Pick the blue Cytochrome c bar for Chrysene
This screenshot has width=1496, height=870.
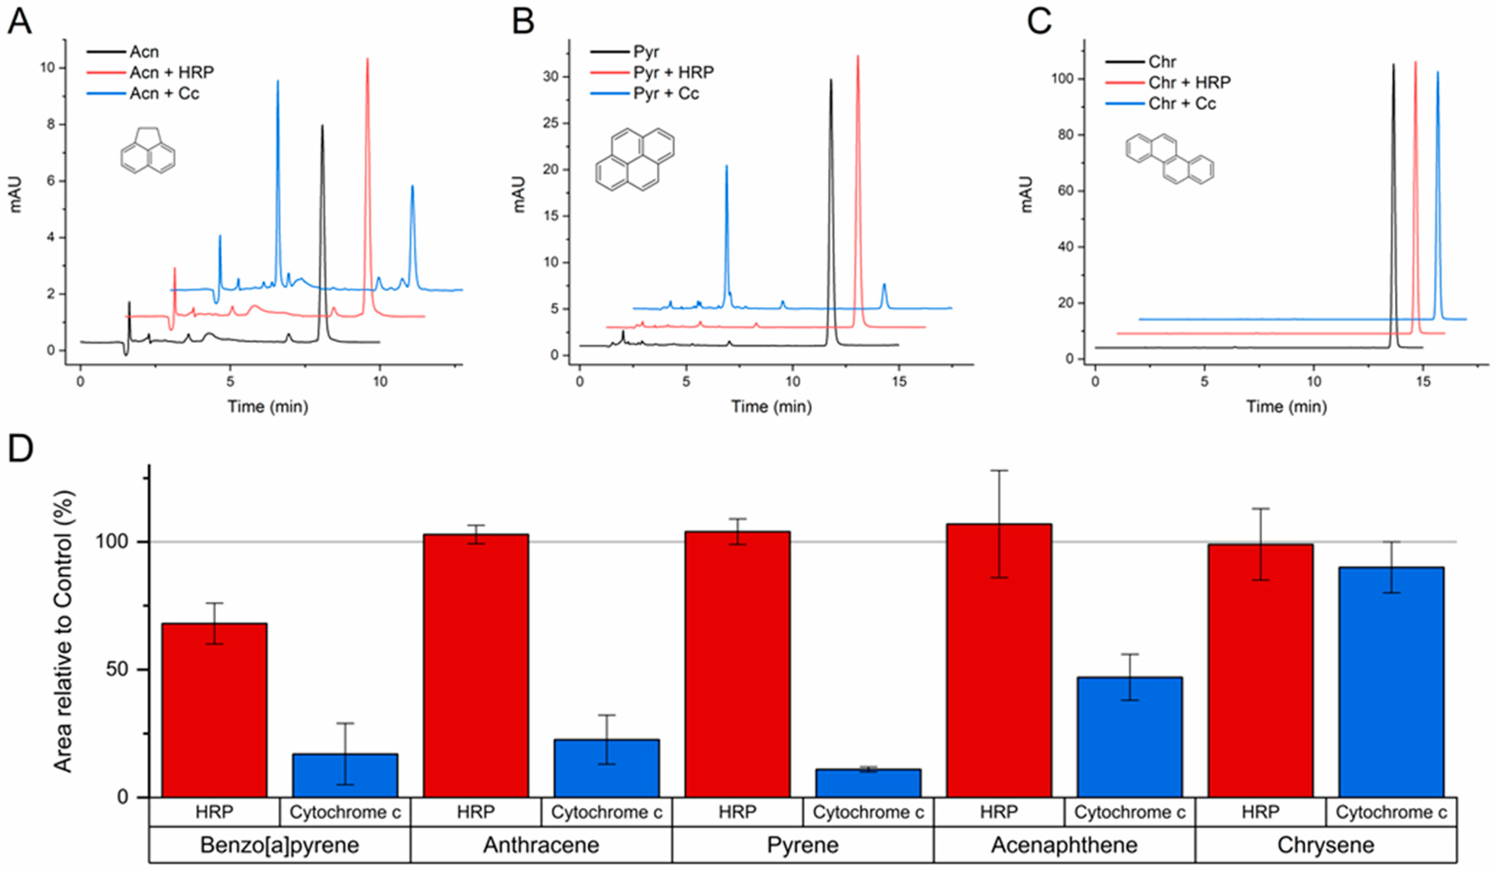(x=1391, y=682)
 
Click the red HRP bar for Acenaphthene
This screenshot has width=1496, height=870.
(x=999, y=660)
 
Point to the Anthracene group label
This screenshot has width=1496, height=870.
(x=541, y=844)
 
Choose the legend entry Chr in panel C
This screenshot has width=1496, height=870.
(x=1162, y=62)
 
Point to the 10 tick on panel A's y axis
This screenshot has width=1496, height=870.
(x=48, y=68)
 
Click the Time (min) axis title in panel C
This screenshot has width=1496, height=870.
(x=1286, y=406)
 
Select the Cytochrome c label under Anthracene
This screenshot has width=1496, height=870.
(x=606, y=812)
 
